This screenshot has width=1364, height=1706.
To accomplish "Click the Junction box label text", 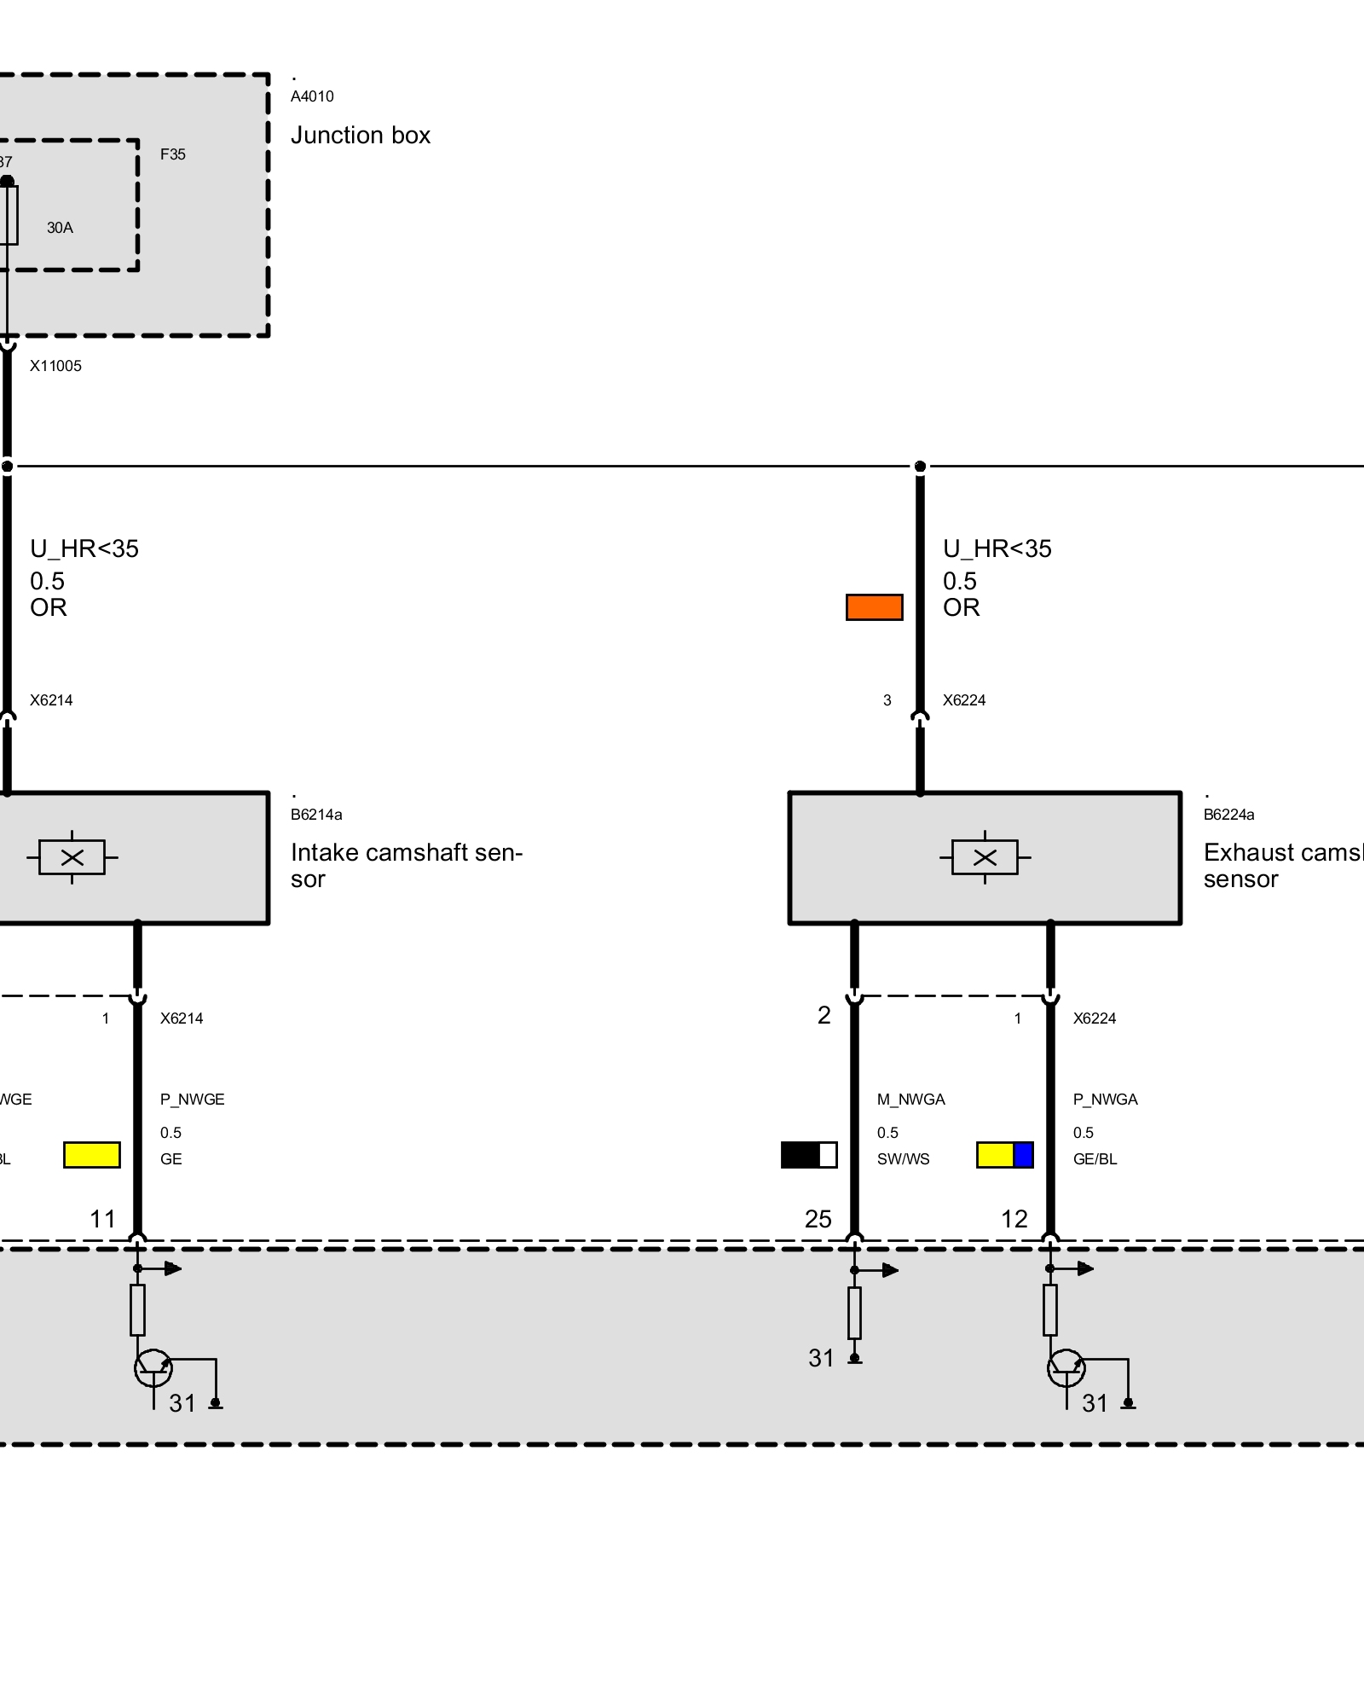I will (x=360, y=136).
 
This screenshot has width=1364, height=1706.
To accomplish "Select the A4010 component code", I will (x=312, y=96).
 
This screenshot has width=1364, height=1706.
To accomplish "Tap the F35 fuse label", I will (x=172, y=154).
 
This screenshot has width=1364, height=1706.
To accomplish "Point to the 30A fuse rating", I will (x=60, y=228).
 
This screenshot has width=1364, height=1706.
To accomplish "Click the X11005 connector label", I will (x=55, y=366).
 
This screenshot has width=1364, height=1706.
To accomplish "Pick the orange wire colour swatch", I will (x=874, y=607).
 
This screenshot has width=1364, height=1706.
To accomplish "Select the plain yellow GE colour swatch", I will (x=92, y=1155).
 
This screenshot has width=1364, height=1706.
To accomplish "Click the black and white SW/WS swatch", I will (x=809, y=1155).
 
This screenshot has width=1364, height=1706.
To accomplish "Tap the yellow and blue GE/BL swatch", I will (x=1005, y=1155).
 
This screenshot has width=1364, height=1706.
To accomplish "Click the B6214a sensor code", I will (x=316, y=815).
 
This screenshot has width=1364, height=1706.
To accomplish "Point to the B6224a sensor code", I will (x=1228, y=815).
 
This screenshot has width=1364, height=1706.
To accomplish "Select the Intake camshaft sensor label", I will (x=406, y=865).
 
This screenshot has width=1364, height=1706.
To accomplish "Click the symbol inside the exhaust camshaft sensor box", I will (x=985, y=857).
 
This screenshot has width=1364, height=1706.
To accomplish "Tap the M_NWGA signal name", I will (x=910, y=1100).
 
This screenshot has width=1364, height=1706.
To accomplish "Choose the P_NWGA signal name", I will (x=1105, y=1100).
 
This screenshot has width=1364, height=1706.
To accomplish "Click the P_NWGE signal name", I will (x=192, y=1100).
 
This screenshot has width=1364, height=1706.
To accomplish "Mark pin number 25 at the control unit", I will (x=818, y=1220).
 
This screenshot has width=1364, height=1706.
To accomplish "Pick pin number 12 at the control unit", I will (x=1014, y=1220).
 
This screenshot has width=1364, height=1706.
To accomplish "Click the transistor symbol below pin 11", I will (x=153, y=1369).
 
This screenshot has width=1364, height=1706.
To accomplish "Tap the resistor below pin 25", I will (x=854, y=1313).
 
